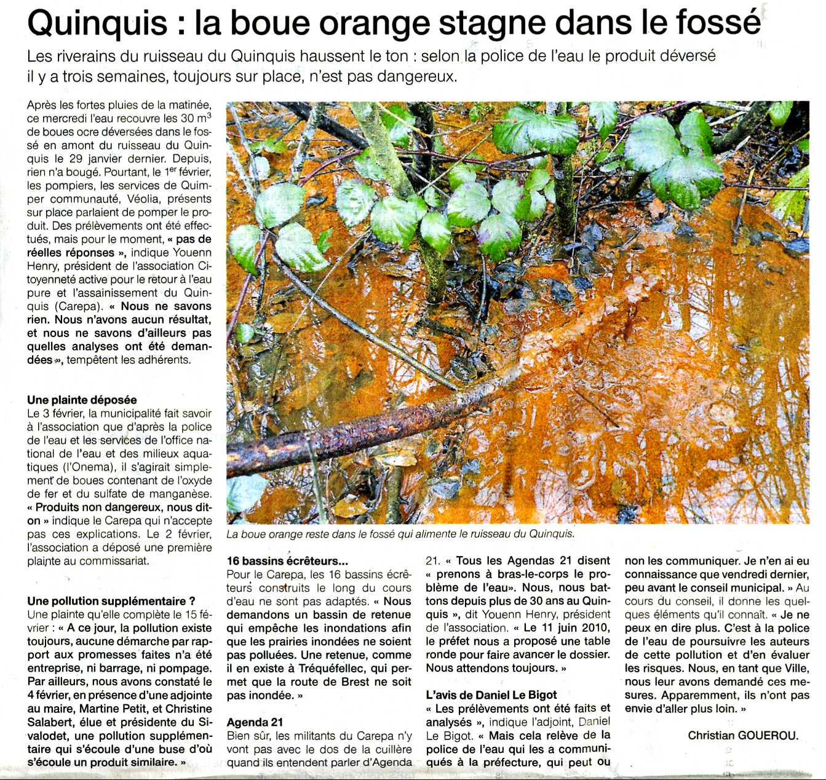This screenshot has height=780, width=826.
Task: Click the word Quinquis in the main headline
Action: tap(97, 23)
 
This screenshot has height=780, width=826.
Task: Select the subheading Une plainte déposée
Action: tap(82, 400)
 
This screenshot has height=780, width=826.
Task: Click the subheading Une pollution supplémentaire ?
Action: tap(111, 601)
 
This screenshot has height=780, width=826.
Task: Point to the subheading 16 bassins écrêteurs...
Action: tap(287, 561)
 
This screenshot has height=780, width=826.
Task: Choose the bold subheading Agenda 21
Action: tap(255, 722)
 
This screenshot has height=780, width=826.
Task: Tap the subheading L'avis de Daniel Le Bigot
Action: tap(491, 695)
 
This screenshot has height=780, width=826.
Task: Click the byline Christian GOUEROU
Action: tap(742, 736)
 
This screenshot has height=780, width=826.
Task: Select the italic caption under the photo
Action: tap(400, 534)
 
